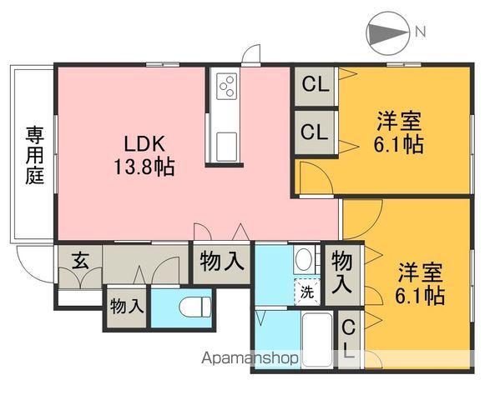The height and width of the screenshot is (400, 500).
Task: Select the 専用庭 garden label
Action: pyautogui.click(x=34, y=155)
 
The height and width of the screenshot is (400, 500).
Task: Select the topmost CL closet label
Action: pyautogui.click(x=315, y=84)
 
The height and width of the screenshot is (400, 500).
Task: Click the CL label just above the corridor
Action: pyautogui.click(x=315, y=132)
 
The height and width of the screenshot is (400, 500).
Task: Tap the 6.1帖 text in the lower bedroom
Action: pyautogui.click(x=419, y=295)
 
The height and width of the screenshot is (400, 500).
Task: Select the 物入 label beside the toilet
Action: pyautogui.click(x=127, y=306)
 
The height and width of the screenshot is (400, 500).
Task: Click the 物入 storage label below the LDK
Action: pyautogui.click(x=221, y=262)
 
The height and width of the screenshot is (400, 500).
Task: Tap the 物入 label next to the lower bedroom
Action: pyautogui.click(x=342, y=272)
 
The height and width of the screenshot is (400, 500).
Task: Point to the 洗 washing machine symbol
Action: pyautogui.click(x=306, y=292)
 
